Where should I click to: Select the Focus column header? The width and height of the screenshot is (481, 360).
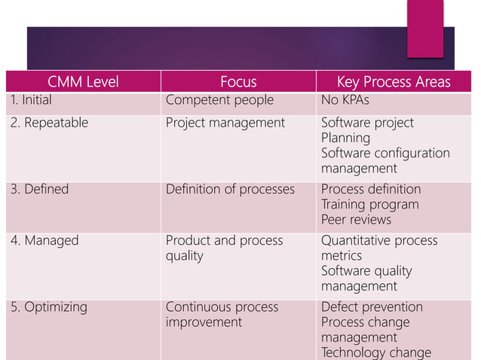(x=238, y=82)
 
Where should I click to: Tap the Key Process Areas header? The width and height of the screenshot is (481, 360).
(x=393, y=82)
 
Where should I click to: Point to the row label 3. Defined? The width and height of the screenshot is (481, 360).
(x=39, y=189)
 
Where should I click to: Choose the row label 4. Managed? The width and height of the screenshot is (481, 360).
(x=43, y=241)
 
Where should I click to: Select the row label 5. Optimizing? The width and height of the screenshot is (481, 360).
(x=49, y=307)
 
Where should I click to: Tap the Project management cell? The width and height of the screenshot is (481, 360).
(x=225, y=123)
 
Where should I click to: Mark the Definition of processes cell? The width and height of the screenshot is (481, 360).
(x=230, y=189)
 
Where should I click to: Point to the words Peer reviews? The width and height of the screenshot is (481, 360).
(x=356, y=220)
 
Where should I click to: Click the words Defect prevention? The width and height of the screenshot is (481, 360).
(x=372, y=307)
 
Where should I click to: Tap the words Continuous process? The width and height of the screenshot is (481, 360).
(x=222, y=307)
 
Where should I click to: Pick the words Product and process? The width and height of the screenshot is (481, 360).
(x=224, y=241)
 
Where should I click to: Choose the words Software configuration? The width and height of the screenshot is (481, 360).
(x=385, y=154)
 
